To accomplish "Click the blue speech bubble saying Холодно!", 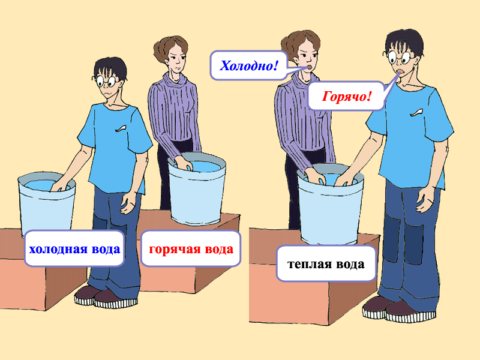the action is click(x=248, y=65).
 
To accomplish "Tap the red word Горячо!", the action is click(x=346, y=97).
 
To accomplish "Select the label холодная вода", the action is click(x=74, y=249).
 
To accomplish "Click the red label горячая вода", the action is click(x=191, y=249).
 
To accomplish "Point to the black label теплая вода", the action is click(x=326, y=264).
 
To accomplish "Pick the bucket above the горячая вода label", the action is click(x=197, y=189).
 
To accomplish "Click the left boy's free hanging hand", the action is click(x=128, y=202).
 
